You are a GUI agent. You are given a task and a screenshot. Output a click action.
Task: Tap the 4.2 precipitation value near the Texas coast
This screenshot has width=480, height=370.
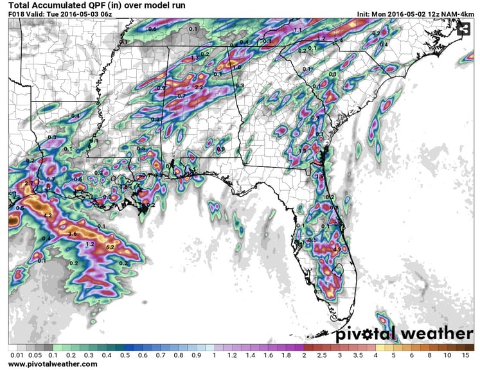pyautogui.click(x=46, y=215)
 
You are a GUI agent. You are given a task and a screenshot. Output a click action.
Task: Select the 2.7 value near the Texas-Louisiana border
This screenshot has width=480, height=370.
pyautogui.click(x=28, y=183)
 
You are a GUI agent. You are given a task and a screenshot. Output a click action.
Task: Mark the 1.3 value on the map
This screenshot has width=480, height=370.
pyautogui.click(x=194, y=57)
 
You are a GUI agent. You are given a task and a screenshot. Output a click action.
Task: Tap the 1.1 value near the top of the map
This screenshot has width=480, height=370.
pyautogui.click(x=297, y=30)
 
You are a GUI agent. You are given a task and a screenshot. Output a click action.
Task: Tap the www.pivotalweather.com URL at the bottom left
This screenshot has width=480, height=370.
pyautogui.click(x=53, y=364)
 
